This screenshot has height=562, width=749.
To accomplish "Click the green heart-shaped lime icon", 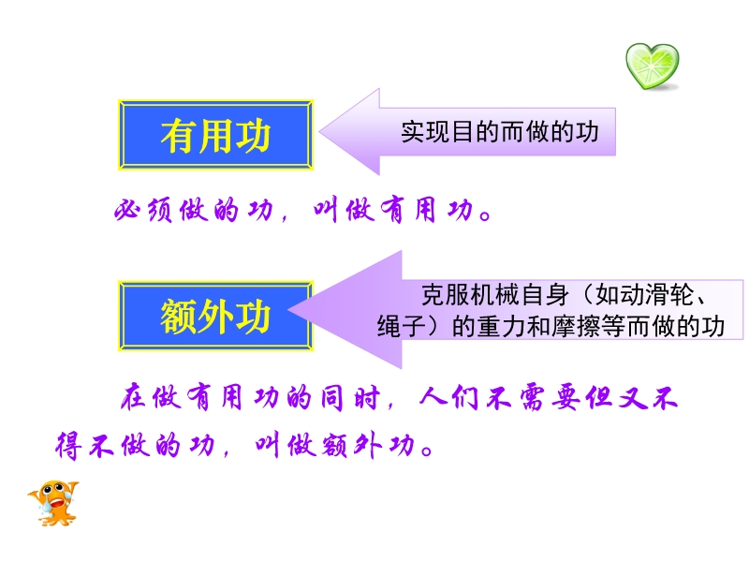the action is point(653,66).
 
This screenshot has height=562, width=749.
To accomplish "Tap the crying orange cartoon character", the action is point(53,504).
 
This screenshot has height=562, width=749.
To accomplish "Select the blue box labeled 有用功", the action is point(215,135).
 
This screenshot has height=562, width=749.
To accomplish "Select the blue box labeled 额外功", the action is point(215,316).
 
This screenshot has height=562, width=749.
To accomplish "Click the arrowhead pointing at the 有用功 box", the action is point(349,132).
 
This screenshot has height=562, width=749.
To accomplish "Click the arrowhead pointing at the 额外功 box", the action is point(345,310).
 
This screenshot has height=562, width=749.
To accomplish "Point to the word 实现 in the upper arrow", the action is point(425,132).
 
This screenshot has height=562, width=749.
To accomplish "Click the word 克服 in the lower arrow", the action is point(446,295).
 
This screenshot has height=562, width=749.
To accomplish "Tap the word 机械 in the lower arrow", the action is point(495,295).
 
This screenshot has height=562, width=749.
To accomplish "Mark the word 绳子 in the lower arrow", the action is point(402,327).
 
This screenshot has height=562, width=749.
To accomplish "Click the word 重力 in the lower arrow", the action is point(501,327).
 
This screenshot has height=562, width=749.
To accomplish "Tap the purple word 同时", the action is point(351,397).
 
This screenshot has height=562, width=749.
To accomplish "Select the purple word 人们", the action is point(450,397).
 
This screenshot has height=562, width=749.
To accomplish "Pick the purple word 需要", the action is point(550,397).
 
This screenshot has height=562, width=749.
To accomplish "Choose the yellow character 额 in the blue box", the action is point(179,317).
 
